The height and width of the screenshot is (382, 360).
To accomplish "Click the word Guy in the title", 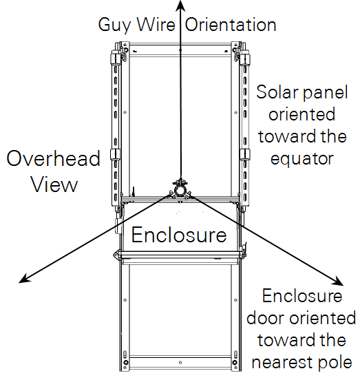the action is pos(114,25).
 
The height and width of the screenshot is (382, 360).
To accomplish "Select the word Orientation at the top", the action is pos(231,24).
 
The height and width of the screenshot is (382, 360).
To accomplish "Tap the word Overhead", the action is pos(53,158).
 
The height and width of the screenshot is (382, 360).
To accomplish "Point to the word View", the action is pos(54,184).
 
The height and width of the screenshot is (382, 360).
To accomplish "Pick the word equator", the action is pos(301,160).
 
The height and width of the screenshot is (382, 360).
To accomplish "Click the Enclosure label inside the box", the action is pos(179,235).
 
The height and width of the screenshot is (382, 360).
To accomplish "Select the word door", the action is pos(265,318).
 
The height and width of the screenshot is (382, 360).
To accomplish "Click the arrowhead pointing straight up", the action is pos(180,6).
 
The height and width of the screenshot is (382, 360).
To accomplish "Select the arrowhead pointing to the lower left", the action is pos(25,279).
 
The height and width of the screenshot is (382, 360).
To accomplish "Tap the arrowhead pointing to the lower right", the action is pos(338,281).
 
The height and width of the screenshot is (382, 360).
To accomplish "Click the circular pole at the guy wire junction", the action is pos(180,191).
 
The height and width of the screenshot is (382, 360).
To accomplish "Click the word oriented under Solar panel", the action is pos(301,114).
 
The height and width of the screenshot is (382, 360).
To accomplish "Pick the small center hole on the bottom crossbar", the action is pos(180,363).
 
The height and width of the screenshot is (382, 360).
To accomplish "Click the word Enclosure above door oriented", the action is pos(302,296).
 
